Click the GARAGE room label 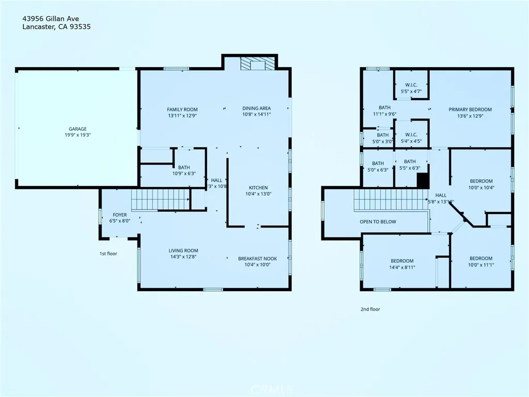(x=78, y=129)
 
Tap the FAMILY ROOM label (x=182, y=110)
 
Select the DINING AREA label (x=257, y=109)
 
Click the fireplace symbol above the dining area (x=256, y=64)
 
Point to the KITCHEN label (x=258, y=188)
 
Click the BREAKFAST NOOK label (x=254, y=258)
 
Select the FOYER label (x=120, y=215)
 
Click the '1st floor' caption (x=108, y=254)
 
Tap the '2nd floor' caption (x=370, y=309)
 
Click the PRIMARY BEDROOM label (x=470, y=110)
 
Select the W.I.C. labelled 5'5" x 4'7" (x=411, y=88)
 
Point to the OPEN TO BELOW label (x=378, y=222)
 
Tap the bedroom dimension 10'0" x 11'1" (x=480, y=265)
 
